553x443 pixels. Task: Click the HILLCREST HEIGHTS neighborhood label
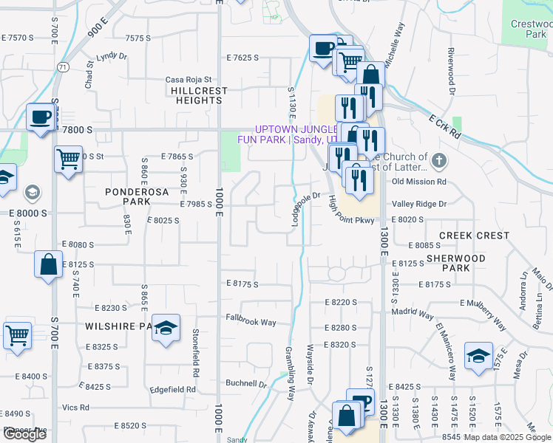[x=199, y=95]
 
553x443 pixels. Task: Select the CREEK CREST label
[x=474, y=236]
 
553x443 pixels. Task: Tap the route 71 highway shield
[x=65, y=67]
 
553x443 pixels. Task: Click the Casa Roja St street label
[x=189, y=80]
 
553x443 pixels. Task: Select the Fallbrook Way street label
[x=251, y=322]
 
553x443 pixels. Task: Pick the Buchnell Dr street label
[x=245, y=384]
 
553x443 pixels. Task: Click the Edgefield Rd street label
[x=172, y=389]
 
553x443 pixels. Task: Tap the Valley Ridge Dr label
[x=419, y=204]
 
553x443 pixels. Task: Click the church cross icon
[x=438, y=160]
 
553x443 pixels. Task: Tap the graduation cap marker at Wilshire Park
[x=166, y=329]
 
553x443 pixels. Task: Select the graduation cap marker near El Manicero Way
[x=478, y=356]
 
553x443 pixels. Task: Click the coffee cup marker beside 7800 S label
[x=41, y=117]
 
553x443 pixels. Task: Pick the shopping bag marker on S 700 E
[x=48, y=265]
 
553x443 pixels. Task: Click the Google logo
[x=24, y=434]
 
